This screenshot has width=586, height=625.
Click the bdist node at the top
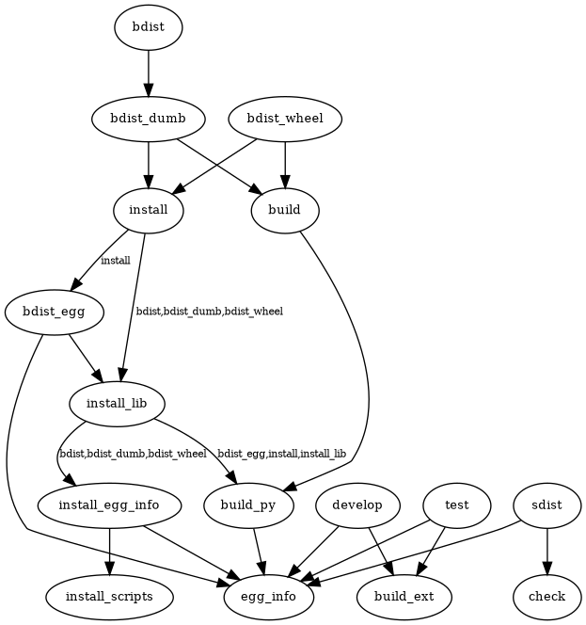(x=148, y=27)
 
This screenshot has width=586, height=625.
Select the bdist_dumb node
(x=148, y=119)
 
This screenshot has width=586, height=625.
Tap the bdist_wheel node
(x=285, y=119)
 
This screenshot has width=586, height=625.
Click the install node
(x=148, y=209)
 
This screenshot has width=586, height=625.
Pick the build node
(x=285, y=209)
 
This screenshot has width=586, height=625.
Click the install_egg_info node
(x=110, y=505)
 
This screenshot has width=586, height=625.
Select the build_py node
(x=248, y=505)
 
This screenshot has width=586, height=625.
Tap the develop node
(x=357, y=505)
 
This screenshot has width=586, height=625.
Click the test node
(x=457, y=505)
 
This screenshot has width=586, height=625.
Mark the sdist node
(x=546, y=505)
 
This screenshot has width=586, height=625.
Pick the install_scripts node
(x=110, y=597)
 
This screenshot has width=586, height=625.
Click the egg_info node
(x=269, y=597)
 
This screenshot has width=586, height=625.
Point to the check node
(x=546, y=597)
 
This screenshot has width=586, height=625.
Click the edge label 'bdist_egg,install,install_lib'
(x=281, y=454)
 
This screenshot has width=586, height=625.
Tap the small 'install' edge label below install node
(x=115, y=260)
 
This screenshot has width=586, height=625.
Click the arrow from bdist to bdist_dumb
(x=148, y=72)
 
